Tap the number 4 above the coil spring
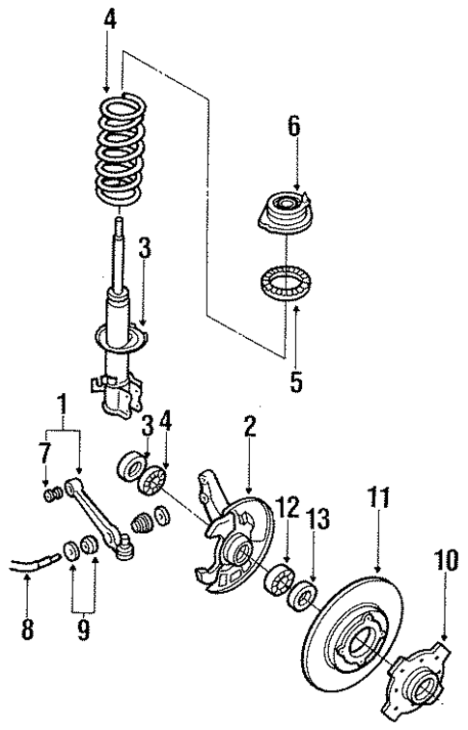pos(113,19)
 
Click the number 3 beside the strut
pos(143,248)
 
